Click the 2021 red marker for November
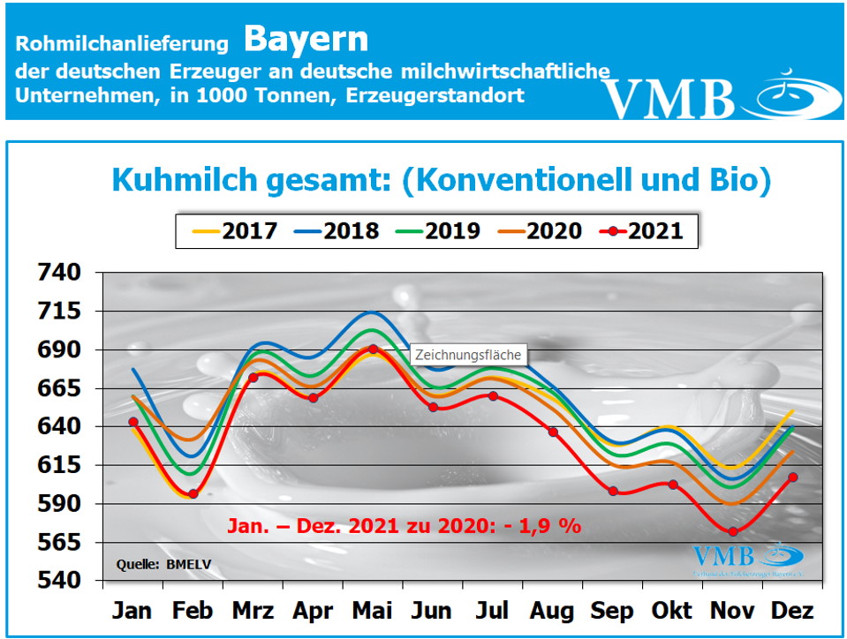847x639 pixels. [x=733, y=531]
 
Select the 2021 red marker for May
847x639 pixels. [x=373, y=350]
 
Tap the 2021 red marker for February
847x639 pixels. [x=193, y=494]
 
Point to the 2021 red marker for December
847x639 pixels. [x=793, y=477]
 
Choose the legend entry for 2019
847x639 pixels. [x=439, y=231]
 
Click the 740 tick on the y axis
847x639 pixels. [x=59, y=273]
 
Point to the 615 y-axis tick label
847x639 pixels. [x=59, y=465]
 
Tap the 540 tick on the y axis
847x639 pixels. [x=59, y=581]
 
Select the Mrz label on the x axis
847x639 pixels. [x=253, y=611]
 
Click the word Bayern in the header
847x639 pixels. [x=306, y=39]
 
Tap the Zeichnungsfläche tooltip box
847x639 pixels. [x=469, y=355]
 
